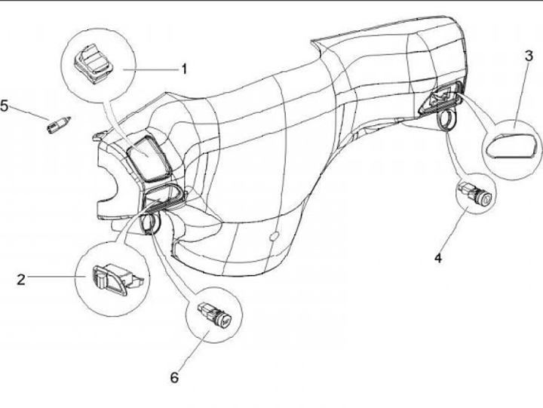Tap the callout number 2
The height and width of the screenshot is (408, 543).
[x=21, y=280]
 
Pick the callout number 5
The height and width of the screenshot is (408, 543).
[x=5, y=106]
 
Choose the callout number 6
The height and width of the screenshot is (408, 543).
[x=174, y=376]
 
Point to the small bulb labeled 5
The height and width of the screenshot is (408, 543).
[x=58, y=124]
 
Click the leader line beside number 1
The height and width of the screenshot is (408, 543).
[x=155, y=69]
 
